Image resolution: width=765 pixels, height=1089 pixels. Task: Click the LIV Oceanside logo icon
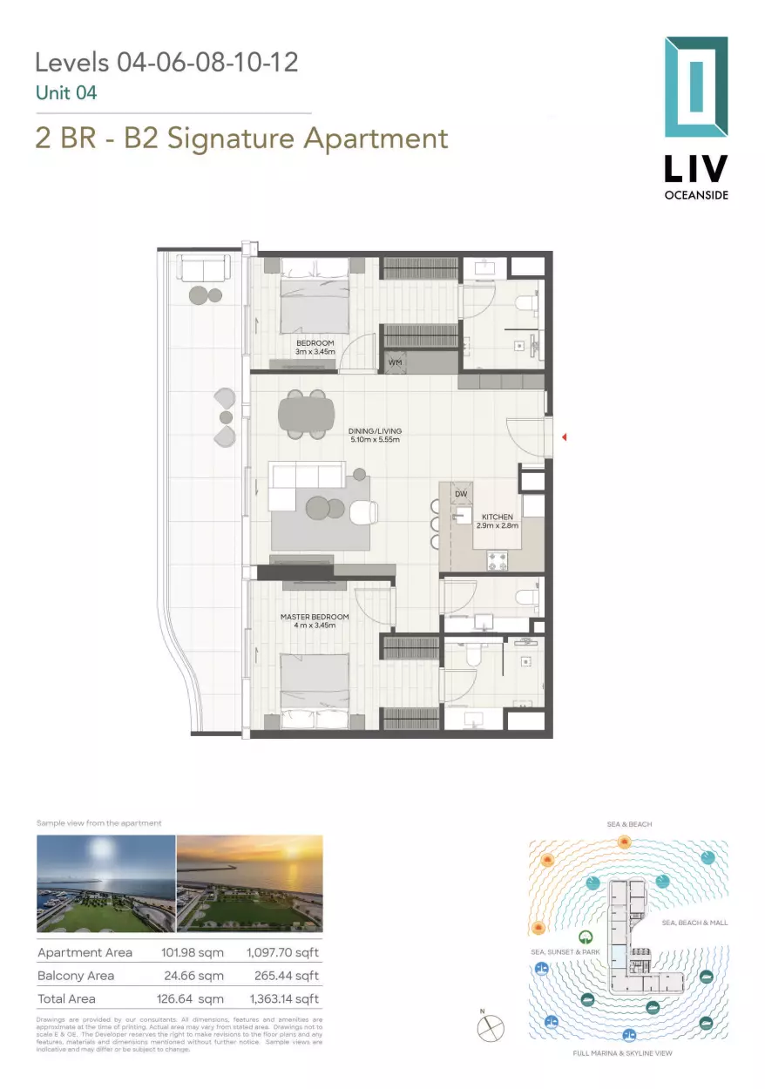pyautogui.click(x=695, y=87)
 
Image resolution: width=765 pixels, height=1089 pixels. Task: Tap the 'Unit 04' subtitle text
pyautogui.click(x=66, y=92)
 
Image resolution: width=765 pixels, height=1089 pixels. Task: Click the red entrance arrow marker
pyautogui.click(x=564, y=436)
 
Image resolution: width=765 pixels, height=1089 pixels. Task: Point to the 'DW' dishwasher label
pyautogui.click(x=461, y=494)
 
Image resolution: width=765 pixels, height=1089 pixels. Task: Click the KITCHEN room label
pyautogui.click(x=498, y=521)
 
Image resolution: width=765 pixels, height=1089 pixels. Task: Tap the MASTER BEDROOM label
pyautogui.click(x=315, y=620)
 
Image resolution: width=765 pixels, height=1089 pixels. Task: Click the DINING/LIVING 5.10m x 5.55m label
pyautogui.click(x=374, y=435)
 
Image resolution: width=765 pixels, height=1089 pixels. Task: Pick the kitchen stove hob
pyautogui.click(x=498, y=562)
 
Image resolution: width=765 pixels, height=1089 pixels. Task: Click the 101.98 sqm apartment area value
pyautogui.click(x=193, y=953)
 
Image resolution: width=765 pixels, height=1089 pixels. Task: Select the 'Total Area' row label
pyautogui.click(x=66, y=998)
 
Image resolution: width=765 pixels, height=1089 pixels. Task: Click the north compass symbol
pyautogui.click(x=491, y=1028)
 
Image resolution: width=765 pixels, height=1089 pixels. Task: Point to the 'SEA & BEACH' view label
pyautogui.click(x=629, y=823)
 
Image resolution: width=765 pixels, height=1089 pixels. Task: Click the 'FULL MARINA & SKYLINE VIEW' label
pyautogui.click(x=622, y=1053)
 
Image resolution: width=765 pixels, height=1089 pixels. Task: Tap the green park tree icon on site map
pyautogui.click(x=588, y=937)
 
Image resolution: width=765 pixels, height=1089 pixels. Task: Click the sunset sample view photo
pyautogui.click(x=249, y=883)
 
